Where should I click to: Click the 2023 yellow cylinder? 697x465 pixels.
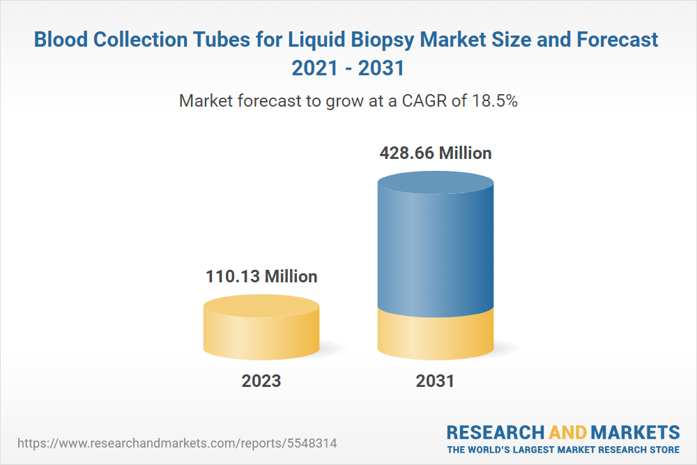click(261, 331)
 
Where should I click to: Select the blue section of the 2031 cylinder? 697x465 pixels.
click(436, 251)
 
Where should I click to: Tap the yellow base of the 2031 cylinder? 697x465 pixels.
click(436, 335)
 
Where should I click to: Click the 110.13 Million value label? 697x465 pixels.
click(261, 277)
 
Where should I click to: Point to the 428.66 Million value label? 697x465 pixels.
click(436, 153)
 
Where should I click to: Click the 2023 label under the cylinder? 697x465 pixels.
click(261, 381)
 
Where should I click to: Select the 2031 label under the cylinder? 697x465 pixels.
click(435, 381)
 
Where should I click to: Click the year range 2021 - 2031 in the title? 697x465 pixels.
click(348, 69)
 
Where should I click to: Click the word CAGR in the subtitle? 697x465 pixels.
click(422, 100)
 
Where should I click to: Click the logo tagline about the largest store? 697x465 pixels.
click(563, 449)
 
